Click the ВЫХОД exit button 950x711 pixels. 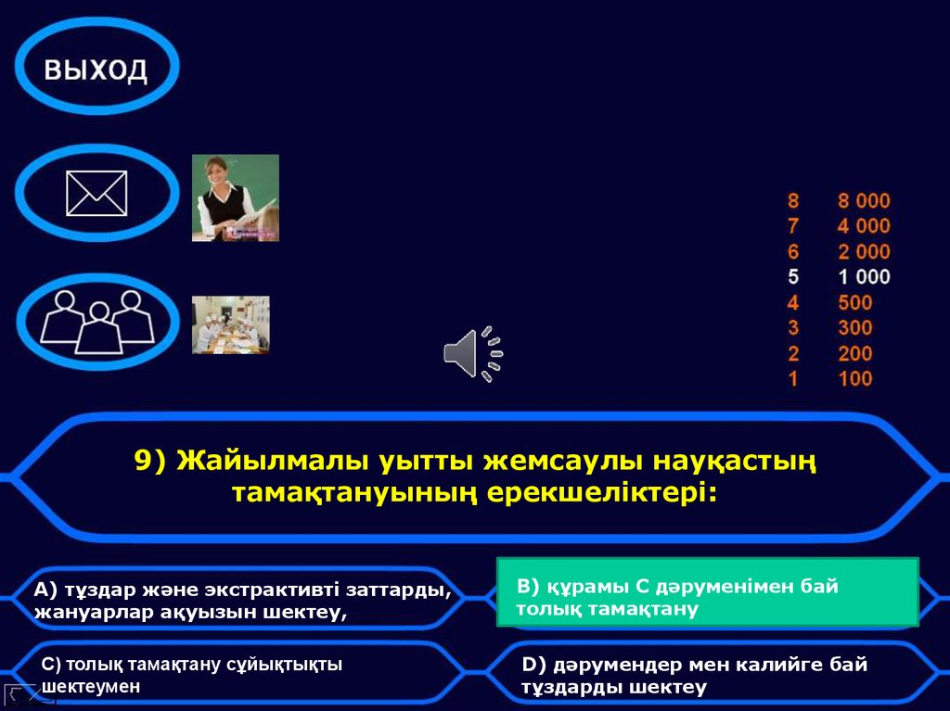coord(96,70)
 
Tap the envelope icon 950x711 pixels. coord(96,194)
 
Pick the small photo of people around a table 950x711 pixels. coord(231,324)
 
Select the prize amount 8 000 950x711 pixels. coord(863,201)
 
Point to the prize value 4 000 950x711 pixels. coord(863,226)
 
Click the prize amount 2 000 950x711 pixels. coord(863,251)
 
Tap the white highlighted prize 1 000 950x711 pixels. coord(863,276)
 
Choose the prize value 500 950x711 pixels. coord(854,302)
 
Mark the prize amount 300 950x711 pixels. coord(854,327)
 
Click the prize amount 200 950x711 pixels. coord(854,353)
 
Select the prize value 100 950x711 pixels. coord(854,378)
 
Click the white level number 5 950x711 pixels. coord(793,276)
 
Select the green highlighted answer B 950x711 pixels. coord(707,597)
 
